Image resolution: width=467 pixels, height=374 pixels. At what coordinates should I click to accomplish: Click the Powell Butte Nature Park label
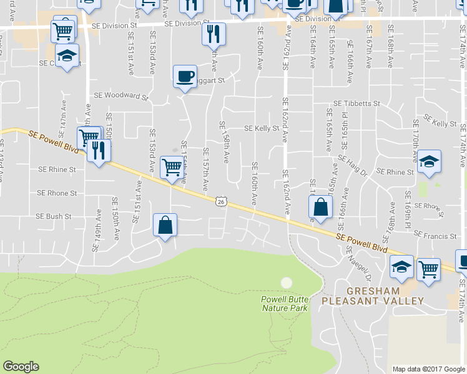coord(285,304)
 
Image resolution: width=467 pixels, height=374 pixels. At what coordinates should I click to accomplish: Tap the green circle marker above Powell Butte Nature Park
coord(286,283)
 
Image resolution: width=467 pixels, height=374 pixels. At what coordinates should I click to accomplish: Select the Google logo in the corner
coord(21,367)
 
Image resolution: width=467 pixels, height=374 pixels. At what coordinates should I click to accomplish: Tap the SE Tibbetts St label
coord(356,103)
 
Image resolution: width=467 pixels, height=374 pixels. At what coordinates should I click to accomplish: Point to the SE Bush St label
coord(54,217)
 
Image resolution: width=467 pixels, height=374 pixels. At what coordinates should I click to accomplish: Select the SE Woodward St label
coord(120,96)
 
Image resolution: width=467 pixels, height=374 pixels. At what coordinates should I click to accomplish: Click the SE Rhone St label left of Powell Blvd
coord(57,193)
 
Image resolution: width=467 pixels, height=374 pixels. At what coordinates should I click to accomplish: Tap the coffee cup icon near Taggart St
coord(184,77)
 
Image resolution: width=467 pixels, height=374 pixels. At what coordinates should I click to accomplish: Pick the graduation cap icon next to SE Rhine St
coord(429,161)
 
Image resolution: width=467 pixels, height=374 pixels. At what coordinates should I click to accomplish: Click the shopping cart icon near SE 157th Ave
coord(172,166)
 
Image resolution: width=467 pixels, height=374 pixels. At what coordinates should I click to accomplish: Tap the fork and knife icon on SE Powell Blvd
coord(99,150)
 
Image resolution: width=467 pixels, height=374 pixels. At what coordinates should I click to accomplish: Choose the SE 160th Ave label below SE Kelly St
coord(254,184)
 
